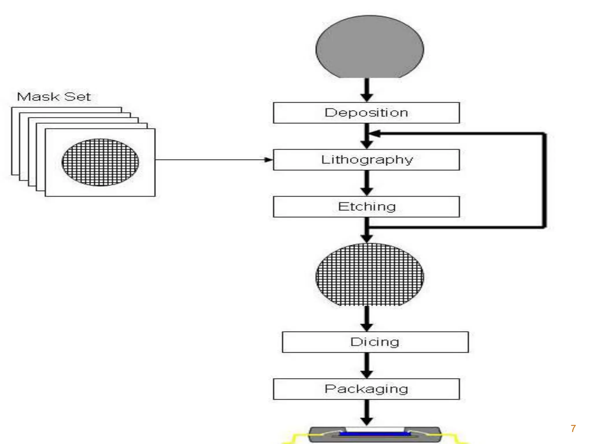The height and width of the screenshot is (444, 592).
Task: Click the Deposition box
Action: click(366, 113)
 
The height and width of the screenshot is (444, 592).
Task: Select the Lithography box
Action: click(366, 160)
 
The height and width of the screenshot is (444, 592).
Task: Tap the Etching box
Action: click(366, 207)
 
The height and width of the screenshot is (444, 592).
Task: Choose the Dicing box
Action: click(375, 342)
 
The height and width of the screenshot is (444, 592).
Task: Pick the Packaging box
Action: click(366, 389)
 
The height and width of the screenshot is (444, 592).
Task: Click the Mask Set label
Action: click(54, 97)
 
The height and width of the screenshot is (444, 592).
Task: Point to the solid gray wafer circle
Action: click(370, 47)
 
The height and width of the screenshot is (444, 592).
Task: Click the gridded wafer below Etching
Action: click(370, 275)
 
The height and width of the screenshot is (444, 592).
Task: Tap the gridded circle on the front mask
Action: click(100, 162)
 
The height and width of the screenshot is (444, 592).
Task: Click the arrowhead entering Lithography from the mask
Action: click(269, 160)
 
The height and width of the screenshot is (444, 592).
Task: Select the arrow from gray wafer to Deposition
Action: click(367, 90)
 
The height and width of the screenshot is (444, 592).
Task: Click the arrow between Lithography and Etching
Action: click(367, 183)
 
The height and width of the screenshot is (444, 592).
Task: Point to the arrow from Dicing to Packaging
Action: click(367, 366)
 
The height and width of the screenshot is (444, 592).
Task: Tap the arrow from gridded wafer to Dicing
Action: click(367, 319)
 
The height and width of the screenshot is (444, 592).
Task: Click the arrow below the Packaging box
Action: click(367, 412)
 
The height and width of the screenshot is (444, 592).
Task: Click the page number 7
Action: click(573, 428)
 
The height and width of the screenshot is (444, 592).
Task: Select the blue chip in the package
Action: click(375, 434)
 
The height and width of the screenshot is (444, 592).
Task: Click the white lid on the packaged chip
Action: click(375, 429)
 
